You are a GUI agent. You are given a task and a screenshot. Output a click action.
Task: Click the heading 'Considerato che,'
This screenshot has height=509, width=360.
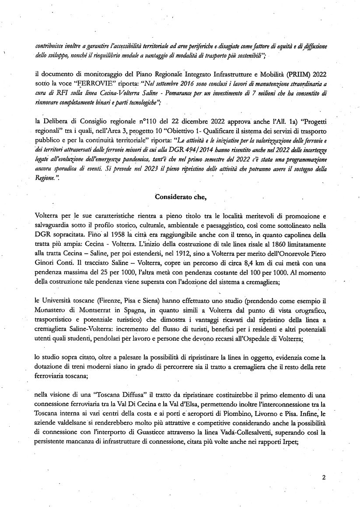pyautogui.click(x=180, y=196)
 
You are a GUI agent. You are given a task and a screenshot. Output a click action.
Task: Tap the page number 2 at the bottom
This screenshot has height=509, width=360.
pyautogui.click(x=324, y=478)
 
